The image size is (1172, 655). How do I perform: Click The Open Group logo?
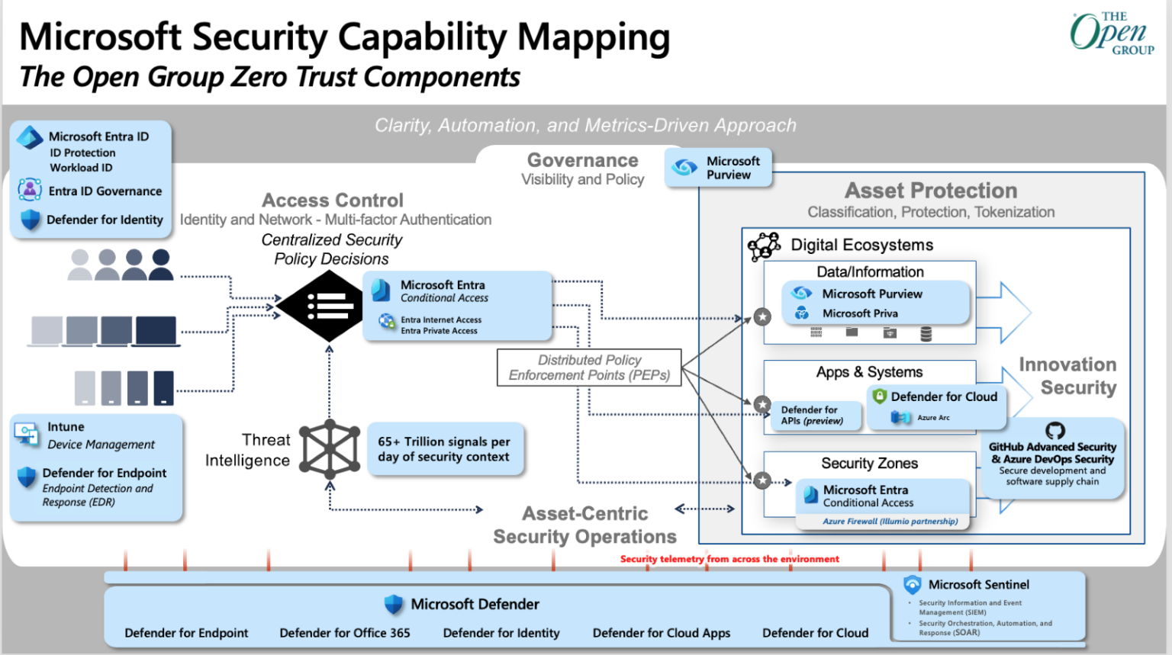pos(1111,33)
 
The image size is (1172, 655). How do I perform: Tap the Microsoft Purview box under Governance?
pos(718,168)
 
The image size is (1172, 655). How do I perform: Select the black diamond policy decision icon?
pos(320,306)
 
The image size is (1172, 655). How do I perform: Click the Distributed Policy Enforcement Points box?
pos(588,368)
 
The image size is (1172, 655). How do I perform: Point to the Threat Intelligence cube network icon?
pos(330,449)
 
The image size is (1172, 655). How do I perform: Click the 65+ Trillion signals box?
pos(445,449)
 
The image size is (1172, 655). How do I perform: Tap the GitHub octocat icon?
pos(1055,431)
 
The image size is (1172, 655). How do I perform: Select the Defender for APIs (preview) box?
pos(813,416)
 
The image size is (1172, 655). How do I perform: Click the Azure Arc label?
pos(933,418)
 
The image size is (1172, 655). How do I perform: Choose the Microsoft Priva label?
pos(860,313)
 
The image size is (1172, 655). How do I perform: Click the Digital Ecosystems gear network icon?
pos(764,246)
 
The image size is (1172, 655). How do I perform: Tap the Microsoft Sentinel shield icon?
pos(912,585)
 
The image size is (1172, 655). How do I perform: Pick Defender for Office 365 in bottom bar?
pos(345,633)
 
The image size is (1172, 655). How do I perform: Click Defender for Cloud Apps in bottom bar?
pos(661,633)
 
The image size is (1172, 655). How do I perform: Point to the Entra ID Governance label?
pos(105,191)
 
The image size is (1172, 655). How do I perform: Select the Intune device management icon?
pos(27,434)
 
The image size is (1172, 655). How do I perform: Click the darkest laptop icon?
pos(156,332)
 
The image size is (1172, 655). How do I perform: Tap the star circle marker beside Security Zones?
pos(762,480)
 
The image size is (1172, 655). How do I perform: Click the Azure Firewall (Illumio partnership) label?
pos(890,522)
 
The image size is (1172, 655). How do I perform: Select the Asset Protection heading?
pos(930,191)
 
